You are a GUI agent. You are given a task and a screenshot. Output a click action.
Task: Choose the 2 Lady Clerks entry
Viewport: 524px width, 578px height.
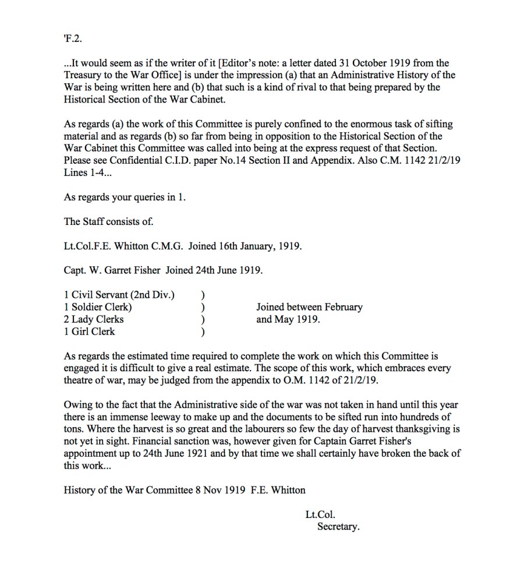point(93,319)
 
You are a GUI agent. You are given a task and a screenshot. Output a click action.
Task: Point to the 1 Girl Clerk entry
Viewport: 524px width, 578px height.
point(89,332)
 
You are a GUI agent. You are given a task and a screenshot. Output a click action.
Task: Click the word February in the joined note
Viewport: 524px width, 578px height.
point(341,307)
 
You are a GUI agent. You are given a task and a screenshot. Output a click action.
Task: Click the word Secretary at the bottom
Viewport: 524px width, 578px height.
point(338,527)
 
